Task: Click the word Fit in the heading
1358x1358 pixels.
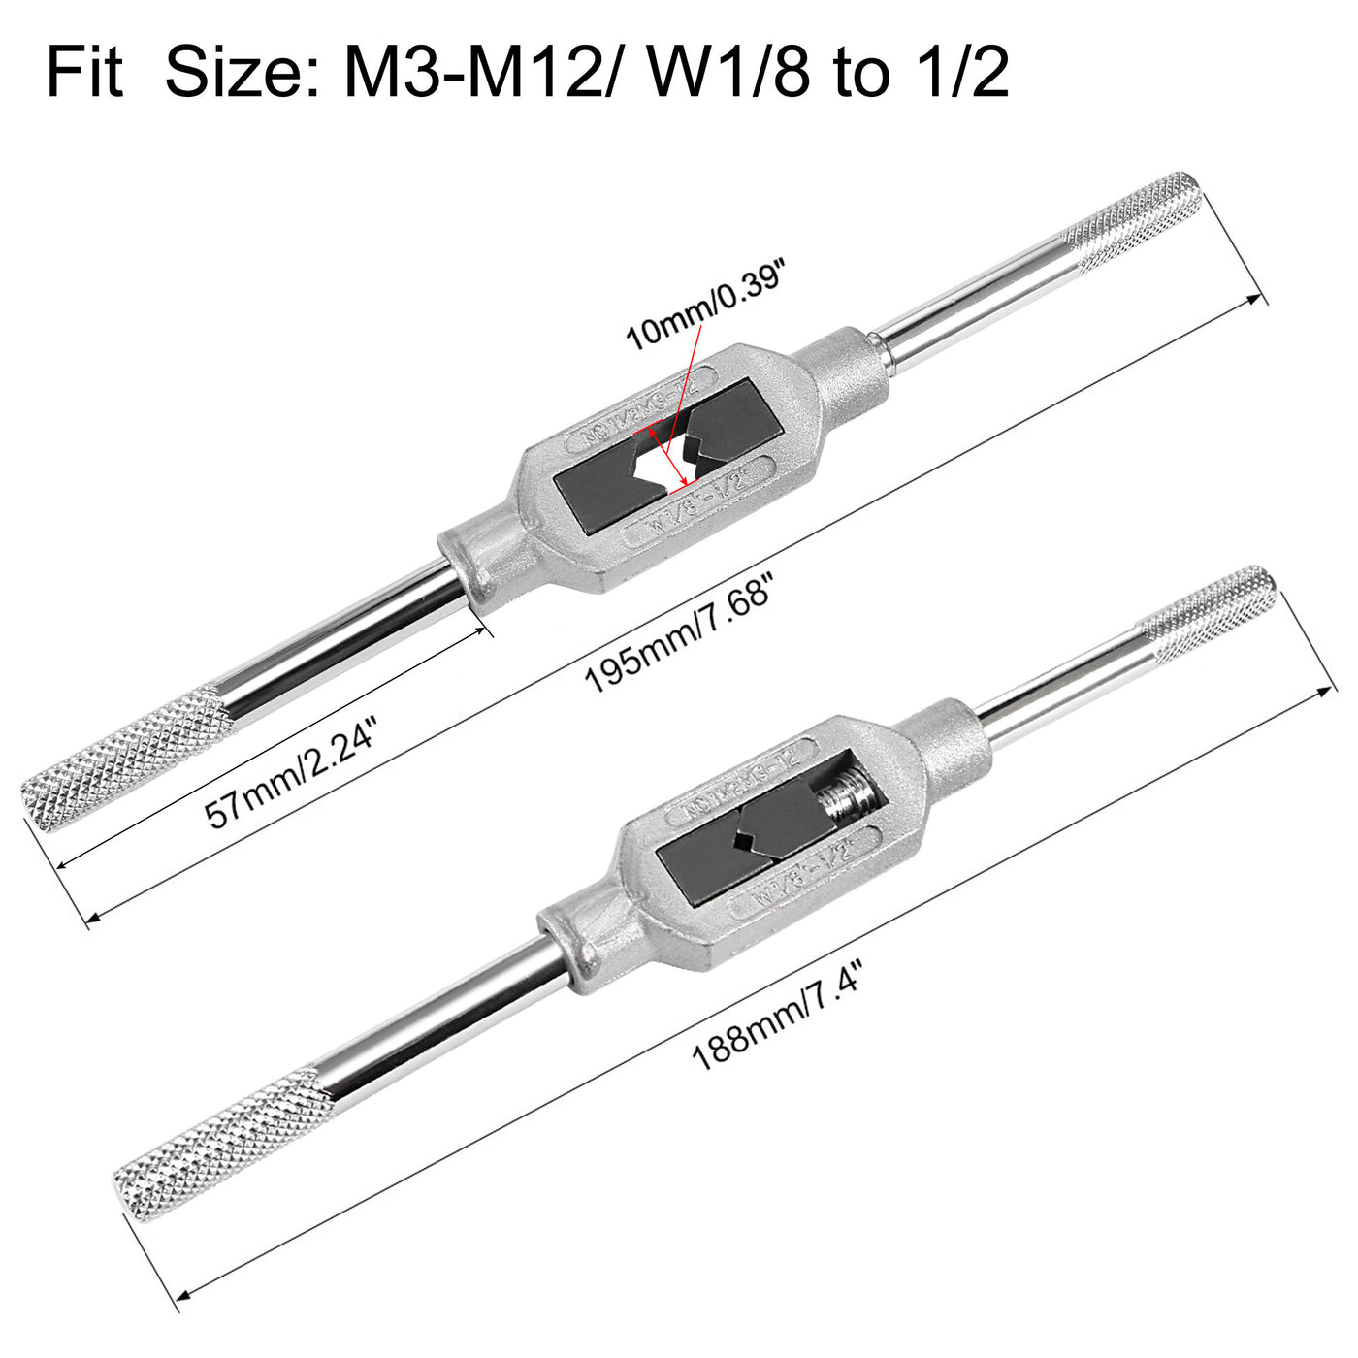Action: tap(85, 74)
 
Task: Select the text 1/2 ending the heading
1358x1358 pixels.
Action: tap(959, 74)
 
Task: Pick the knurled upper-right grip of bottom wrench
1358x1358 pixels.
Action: tap(1208, 611)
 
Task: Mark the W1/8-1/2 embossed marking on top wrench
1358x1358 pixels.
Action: tap(698, 502)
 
